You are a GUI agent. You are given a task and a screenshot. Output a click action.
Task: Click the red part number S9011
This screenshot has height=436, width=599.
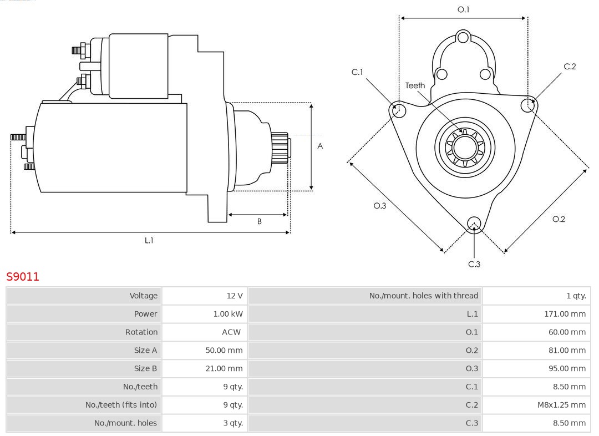(23, 276)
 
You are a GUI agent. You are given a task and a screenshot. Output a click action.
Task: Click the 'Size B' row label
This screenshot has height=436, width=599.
(145, 368)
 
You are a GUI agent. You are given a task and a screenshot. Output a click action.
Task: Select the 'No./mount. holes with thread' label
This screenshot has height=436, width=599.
(423, 296)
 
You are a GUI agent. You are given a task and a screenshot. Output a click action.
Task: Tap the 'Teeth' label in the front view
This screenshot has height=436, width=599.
(415, 85)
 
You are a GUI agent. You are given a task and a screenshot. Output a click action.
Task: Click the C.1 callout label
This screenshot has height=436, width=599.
(357, 72)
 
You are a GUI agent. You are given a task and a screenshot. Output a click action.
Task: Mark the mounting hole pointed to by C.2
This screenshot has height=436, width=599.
(528, 105)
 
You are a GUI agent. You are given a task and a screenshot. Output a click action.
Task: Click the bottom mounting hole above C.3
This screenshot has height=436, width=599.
(474, 224)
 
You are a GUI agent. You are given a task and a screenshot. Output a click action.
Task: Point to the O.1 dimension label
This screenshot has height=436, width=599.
(463, 9)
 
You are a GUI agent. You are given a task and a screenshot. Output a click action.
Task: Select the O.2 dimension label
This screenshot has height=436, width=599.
(559, 219)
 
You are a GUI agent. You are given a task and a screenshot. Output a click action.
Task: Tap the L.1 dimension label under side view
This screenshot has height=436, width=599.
(149, 240)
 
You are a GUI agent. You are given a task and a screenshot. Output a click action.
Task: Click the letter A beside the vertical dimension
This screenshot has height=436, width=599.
(320, 146)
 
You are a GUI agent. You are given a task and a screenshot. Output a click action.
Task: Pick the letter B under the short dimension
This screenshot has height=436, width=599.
(259, 221)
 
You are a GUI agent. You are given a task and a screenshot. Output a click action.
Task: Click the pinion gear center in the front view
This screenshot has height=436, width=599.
(465, 148)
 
